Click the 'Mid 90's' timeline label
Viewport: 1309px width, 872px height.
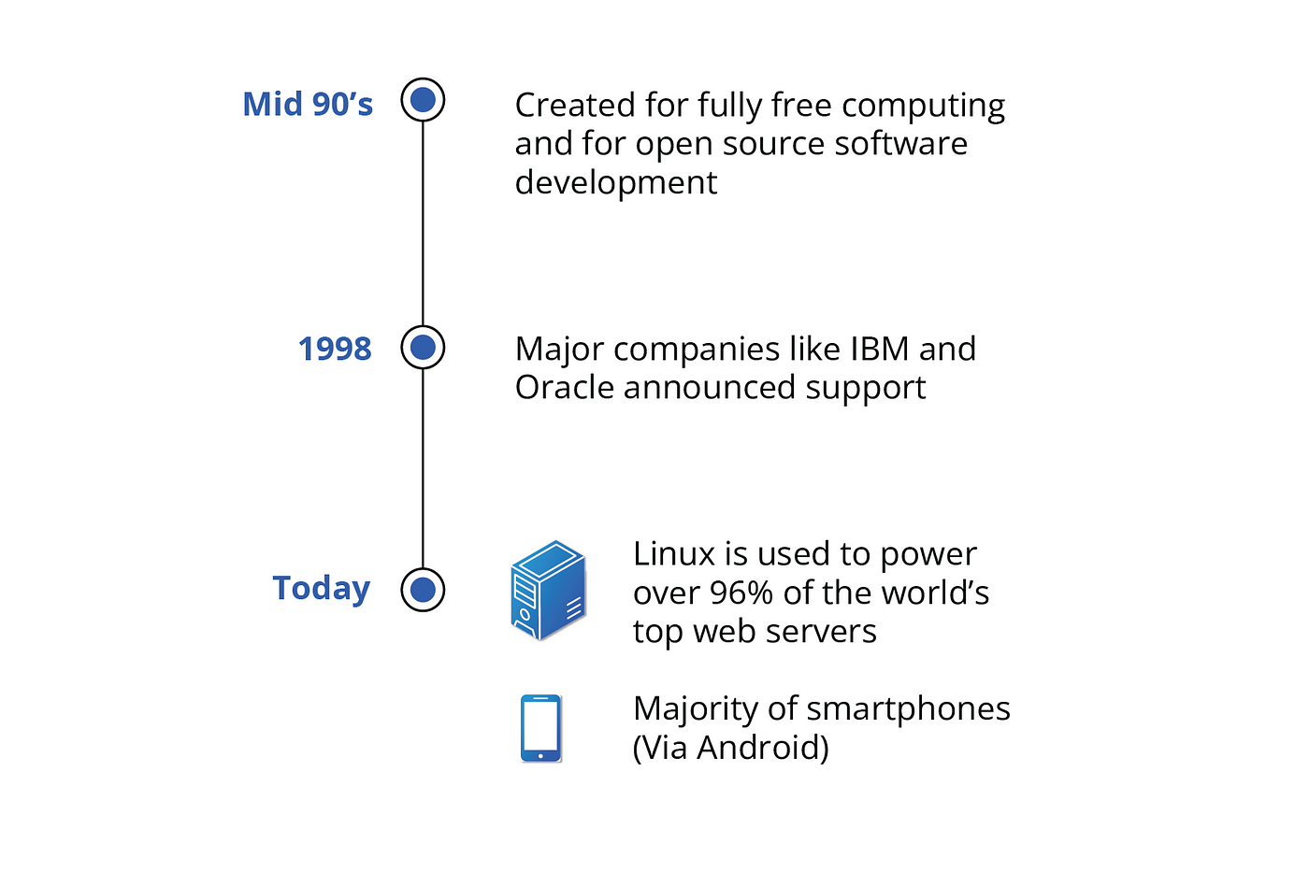308,104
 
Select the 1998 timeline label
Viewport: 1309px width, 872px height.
335,349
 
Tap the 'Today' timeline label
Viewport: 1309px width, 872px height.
322,588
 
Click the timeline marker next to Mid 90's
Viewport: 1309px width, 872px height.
423,100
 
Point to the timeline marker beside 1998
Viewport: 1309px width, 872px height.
423,348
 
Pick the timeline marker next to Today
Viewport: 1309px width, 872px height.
423,590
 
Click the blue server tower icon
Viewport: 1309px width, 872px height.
548,590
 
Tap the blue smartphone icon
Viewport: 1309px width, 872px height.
541,728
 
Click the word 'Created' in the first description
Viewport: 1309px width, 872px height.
575,105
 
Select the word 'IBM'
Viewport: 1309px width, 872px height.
880,349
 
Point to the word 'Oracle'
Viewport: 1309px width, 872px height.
564,387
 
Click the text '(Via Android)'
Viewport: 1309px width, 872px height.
731,748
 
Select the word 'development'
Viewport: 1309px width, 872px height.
616,183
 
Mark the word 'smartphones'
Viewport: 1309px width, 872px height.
908,709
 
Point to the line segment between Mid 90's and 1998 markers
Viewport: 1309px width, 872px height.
423,223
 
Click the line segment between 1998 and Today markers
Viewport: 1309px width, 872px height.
423,469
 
